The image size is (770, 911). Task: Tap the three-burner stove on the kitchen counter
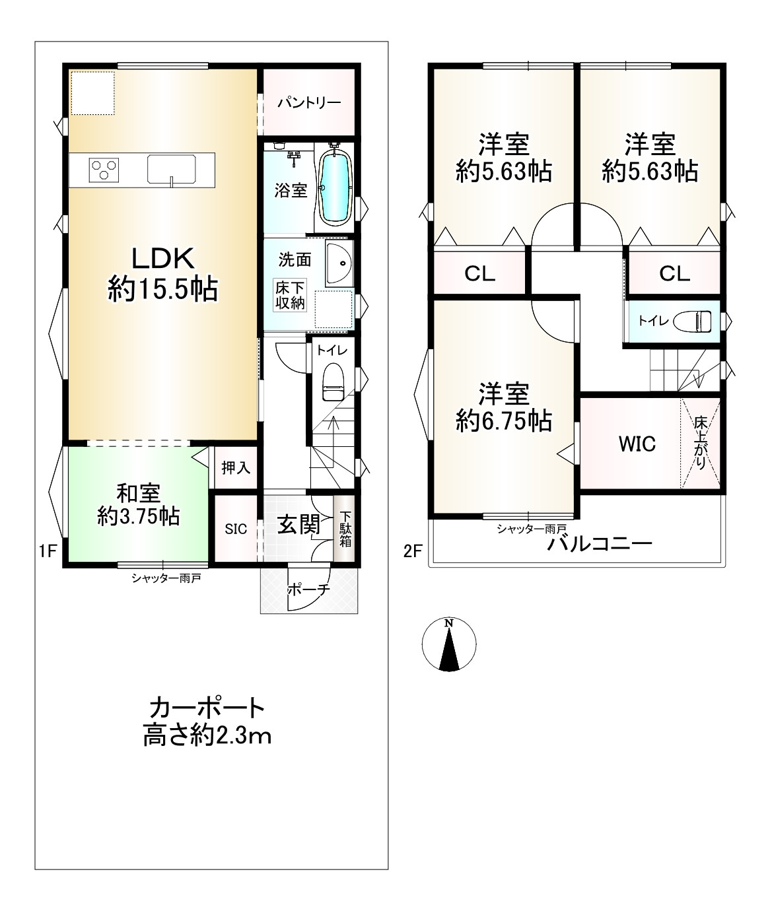(x=104, y=170)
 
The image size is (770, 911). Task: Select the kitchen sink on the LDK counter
(x=172, y=169)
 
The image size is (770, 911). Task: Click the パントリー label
(x=310, y=102)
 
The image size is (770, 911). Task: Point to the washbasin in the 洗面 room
(x=339, y=263)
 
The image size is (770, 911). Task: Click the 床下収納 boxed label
(x=290, y=295)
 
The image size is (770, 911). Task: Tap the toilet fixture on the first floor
(x=333, y=382)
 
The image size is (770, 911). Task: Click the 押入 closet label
(x=236, y=468)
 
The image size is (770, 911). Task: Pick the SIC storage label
(x=236, y=529)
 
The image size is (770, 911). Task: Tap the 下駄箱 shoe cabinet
(x=345, y=528)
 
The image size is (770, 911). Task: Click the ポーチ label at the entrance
(x=308, y=589)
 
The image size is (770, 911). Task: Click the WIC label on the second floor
(x=637, y=444)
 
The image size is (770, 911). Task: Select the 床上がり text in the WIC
(x=700, y=443)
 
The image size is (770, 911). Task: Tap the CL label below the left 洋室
(x=479, y=274)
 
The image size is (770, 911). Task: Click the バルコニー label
(x=600, y=544)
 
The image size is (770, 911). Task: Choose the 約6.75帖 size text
(x=504, y=421)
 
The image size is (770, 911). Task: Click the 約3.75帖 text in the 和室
(x=139, y=517)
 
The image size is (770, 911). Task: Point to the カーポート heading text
(x=207, y=708)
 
